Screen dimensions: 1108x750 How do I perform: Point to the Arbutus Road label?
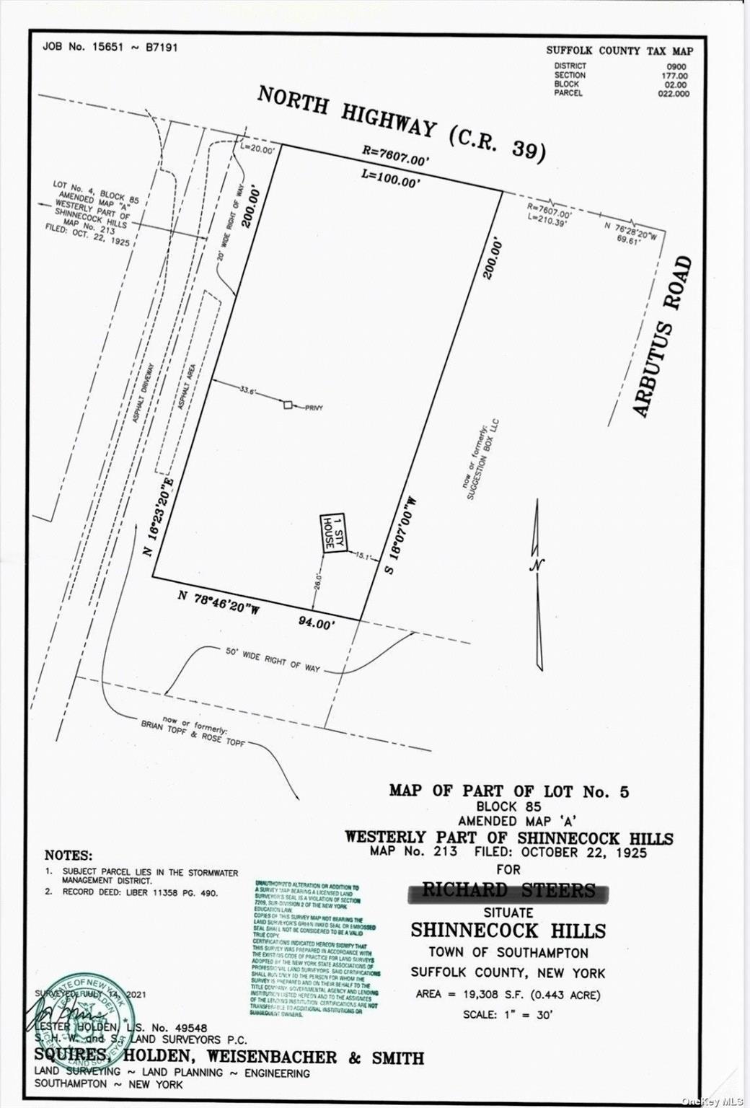[663, 336]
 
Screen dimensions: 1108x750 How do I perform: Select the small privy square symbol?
[288, 405]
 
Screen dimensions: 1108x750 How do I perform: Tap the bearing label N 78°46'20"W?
[219, 602]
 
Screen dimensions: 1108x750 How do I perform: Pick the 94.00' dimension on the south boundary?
[317, 622]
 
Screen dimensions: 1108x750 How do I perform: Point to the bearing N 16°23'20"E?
[159, 516]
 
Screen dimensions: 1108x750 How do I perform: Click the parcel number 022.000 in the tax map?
[673, 93]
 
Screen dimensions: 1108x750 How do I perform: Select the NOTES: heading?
[68, 855]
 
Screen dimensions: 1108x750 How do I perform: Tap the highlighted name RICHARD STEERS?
[508, 890]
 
